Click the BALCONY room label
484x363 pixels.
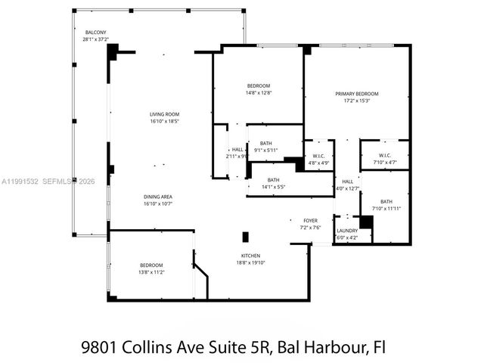95,33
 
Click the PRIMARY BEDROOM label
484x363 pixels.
356,94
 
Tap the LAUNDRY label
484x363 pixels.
347,231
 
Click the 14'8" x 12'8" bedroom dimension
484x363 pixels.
258,93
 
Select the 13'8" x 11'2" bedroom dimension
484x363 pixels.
151,271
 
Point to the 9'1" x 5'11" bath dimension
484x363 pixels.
265,150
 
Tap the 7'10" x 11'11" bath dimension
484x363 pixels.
386,208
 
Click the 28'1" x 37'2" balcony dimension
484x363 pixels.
95,39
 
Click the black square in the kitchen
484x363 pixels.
245,236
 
